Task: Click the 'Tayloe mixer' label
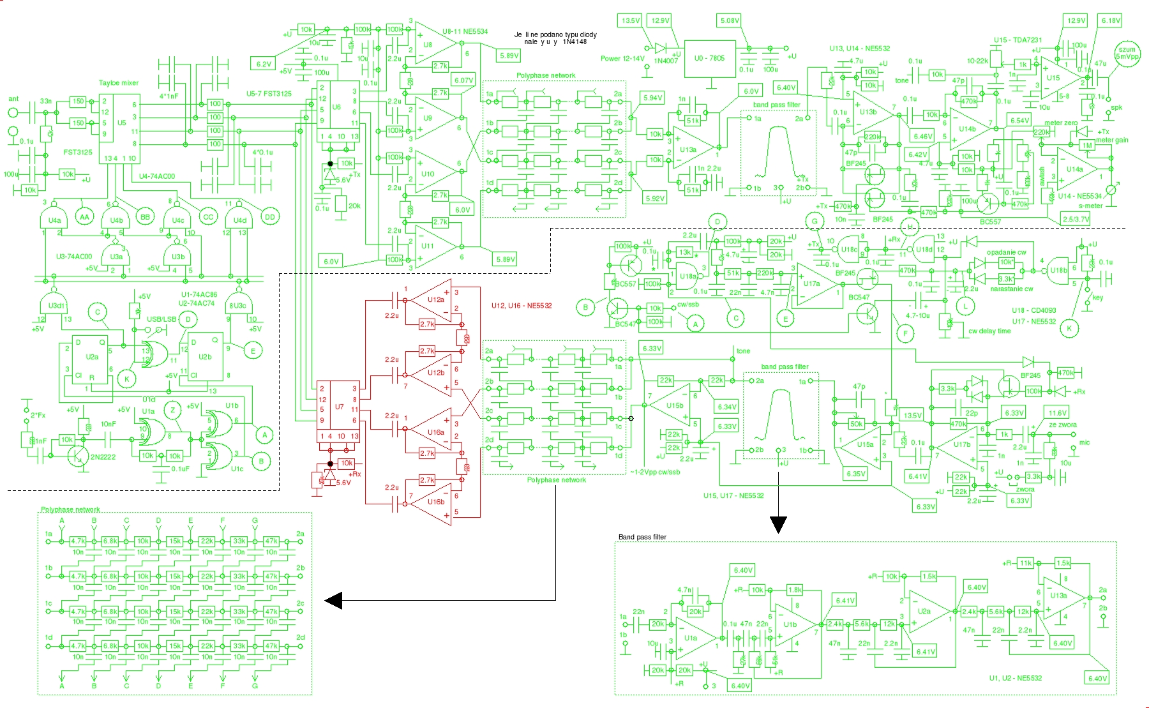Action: pyautogui.click(x=118, y=83)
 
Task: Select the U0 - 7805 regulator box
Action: pyautogui.click(x=709, y=58)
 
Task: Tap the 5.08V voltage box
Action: pyautogui.click(x=730, y=20)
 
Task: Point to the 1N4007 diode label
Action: pyautogui.click(x=666, y=61)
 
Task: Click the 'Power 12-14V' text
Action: pyautogui.click(x=622, y=58)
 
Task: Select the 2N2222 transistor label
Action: pyautogui.click(x=103, y=457)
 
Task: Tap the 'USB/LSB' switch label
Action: pyautogui.click(x=161, y=319)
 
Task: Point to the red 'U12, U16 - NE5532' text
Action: pyautogui.click(x=522, y=306)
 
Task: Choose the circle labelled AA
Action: pyautogui.click(x=84, y=217)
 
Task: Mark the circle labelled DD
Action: pyautogui.click(x=269, y=217)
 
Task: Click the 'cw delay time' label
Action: pyautogui.click(x=989, y=331)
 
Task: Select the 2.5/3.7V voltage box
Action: pyautogui.click(x=1076, y=219)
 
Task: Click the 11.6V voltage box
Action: pyautogui.click(x=1057, y=413)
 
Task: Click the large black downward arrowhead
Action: pyautogui.click(x=778, y=524)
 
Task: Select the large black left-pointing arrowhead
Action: pyautogui.click(x=333, y=600)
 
